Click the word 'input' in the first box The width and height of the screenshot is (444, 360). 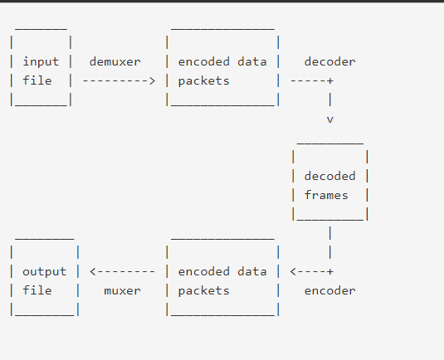(41, 62)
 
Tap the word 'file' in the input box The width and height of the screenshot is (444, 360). (37, 81)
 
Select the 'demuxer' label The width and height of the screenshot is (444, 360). (115, 62)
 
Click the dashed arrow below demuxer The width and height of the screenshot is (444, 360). (119, 81)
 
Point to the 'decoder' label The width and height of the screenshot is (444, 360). (329, 62)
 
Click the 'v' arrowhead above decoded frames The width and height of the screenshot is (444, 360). (329, 119)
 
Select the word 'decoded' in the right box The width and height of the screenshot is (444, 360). (329, 176)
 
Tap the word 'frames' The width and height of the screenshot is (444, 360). (326, 195)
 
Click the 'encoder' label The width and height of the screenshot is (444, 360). (329, 290)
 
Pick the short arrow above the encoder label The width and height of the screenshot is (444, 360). (311, 271)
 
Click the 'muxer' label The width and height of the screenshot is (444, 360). (122, 290)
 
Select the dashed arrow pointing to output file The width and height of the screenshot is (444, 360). (122, 271)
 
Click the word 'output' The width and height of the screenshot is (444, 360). (44, 271)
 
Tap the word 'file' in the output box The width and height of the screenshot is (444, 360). (37, 290)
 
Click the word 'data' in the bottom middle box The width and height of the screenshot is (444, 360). (252, 271)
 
